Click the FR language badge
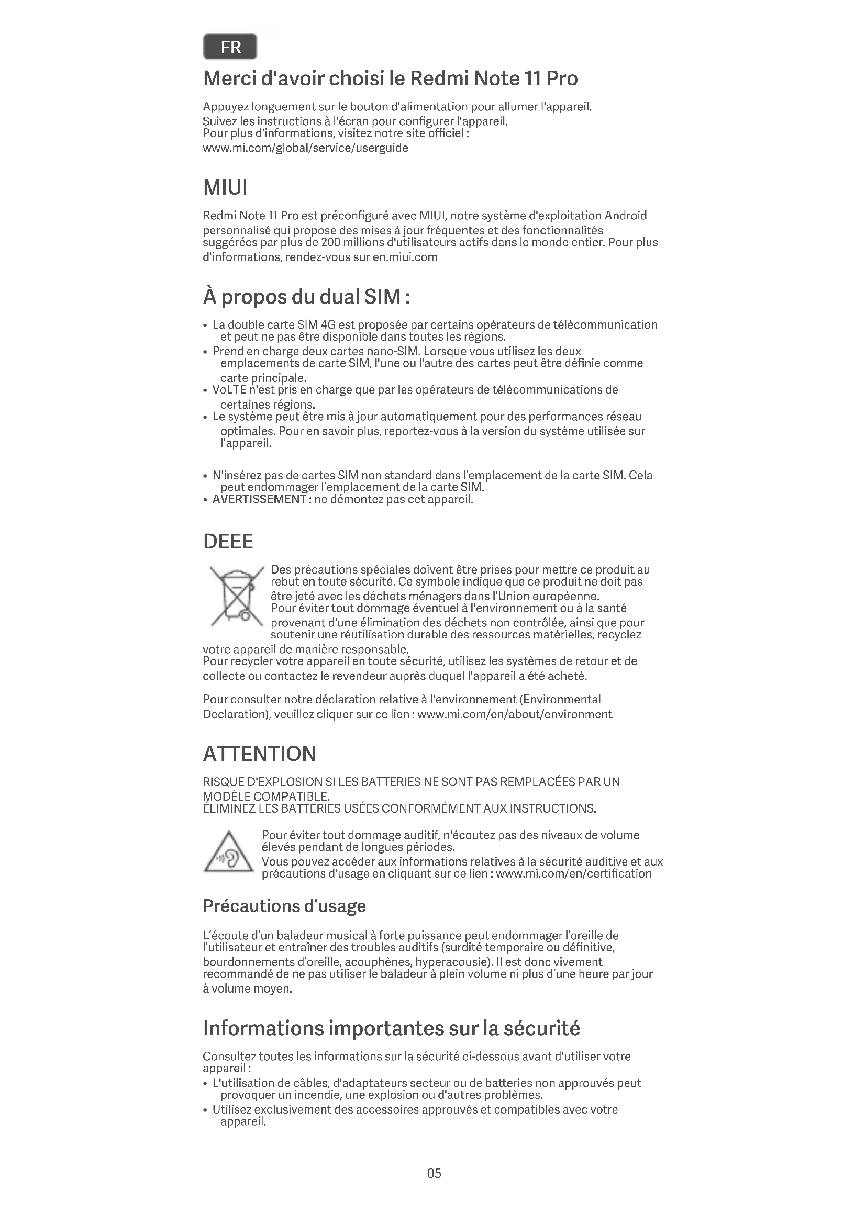pos(230,47)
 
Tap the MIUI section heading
pos(225,188)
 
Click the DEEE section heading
pos(228,542)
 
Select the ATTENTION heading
pos(259,754)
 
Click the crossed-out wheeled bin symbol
pos(237,596)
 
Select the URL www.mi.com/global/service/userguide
pos(306,148)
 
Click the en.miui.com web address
pos(405,257)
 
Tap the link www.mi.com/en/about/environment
pos(515,714)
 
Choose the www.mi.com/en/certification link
pos(574,873)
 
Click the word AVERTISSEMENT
pos(259,500)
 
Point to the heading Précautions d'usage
pos(284,906)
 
